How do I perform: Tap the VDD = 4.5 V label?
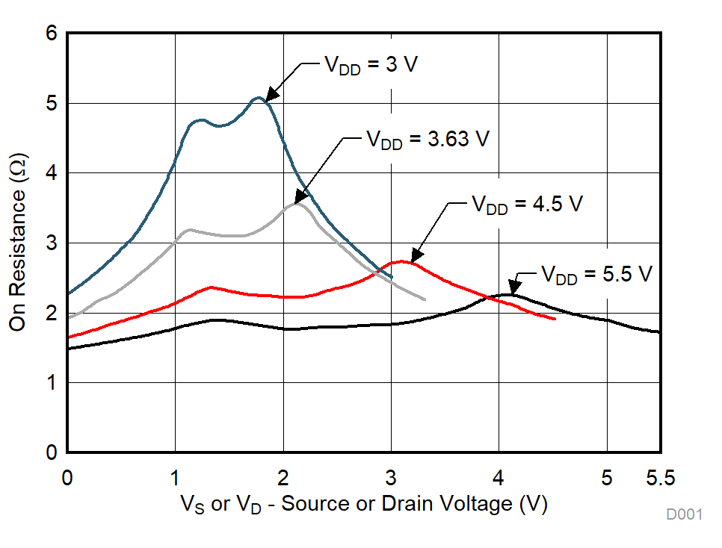tap(525, 205)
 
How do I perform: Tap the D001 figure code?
tap(685, 514)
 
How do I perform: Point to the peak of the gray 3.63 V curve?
tap(297, 203)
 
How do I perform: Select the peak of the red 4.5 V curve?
tap(403, 261)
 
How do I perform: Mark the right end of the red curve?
tap(555, 319)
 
